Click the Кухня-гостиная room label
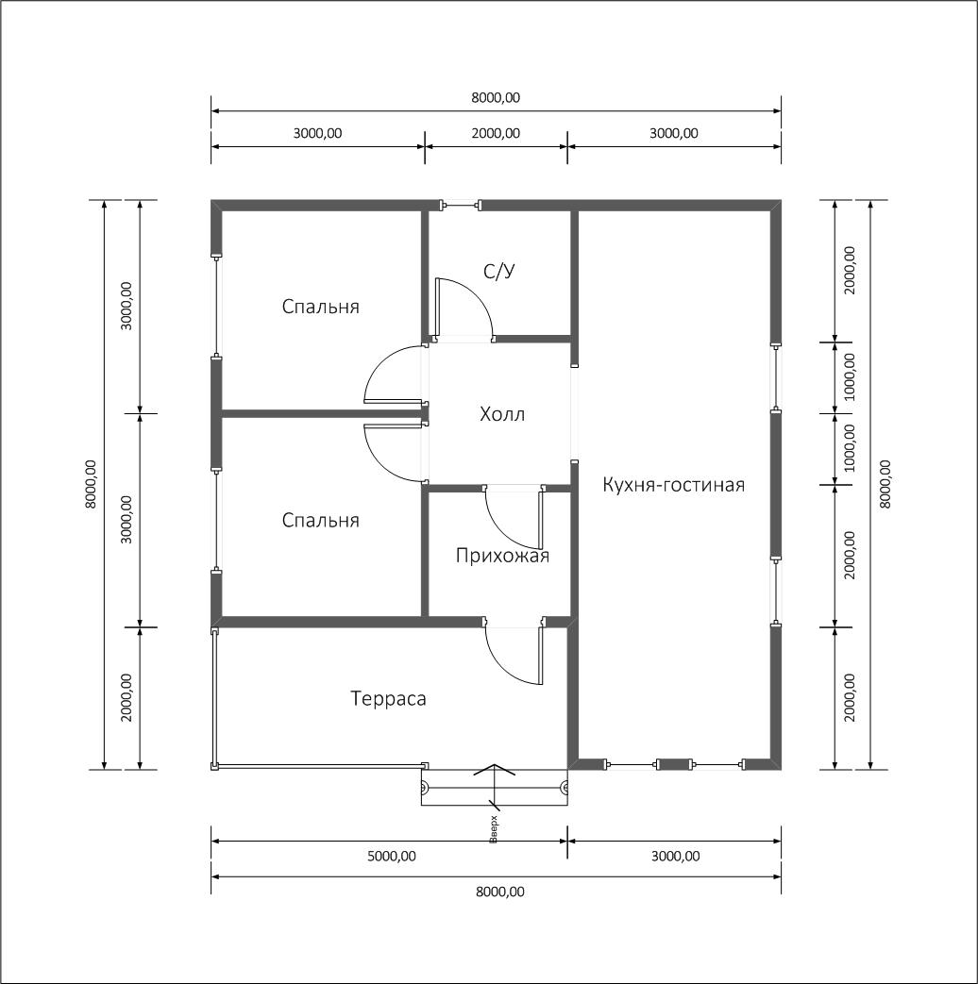point(673,485)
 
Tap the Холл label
point(502,414)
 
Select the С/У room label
point(499,271)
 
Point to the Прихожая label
point(502,556)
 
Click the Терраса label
point(388,698)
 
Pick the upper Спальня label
point(320,307)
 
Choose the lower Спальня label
point(320,520)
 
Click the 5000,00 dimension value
point(392,856)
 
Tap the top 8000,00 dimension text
point(496,97)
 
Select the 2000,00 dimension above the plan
point(496,133)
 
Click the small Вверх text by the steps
point(494,829)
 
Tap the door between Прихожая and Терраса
point(514,653)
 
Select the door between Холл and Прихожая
point(514,518)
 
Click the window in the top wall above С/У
point(462,204)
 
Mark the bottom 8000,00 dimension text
point(500,892)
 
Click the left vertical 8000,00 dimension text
point(91,484)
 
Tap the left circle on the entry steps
point(425,786)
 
